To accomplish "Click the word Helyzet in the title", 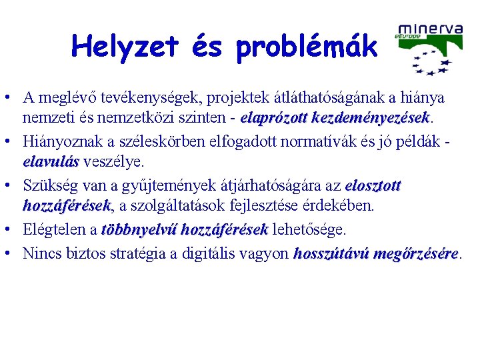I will (125, 46).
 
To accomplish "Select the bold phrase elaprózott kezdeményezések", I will (336, 118).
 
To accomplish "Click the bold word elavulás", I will (51, 161).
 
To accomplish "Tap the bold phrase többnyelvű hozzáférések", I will (185, 230).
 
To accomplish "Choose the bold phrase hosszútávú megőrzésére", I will (375, 253).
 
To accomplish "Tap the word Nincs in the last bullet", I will (39, 253).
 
